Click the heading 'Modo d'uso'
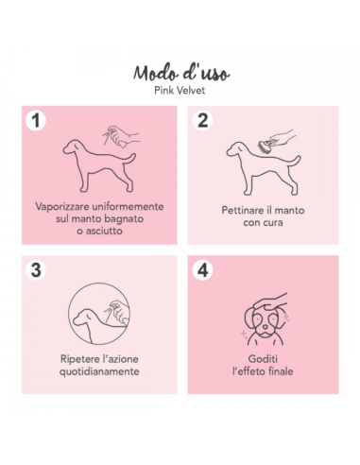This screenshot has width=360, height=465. [180, 75]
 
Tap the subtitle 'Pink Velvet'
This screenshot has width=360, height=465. [180, 93]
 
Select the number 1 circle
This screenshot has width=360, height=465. [37, 120]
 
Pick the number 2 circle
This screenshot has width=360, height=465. [202, 120]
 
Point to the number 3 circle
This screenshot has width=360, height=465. [37, 269]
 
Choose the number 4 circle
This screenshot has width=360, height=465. [202, 269]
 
